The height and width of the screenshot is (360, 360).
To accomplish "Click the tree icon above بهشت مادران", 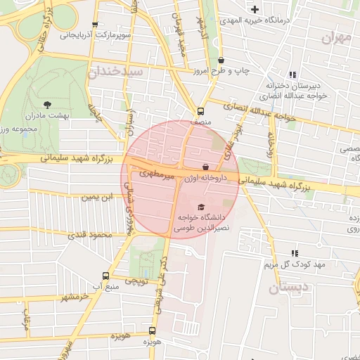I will [47, 104].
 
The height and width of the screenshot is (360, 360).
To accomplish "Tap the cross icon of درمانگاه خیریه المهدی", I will [255, 10].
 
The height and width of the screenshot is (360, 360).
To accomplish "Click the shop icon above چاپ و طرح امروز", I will [222, 60].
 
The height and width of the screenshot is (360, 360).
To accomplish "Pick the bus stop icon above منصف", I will [201, 111].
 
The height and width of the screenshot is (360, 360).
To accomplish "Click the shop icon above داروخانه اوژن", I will [205, 167].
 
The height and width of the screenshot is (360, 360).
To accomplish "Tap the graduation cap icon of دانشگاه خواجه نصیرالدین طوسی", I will [202, 207].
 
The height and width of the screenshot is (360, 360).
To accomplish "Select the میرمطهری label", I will [156, 173].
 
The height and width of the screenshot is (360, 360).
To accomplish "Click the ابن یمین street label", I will [96, 198].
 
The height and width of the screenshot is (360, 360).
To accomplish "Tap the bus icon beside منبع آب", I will [105, 276].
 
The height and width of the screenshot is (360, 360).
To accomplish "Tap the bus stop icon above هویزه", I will [152, 330].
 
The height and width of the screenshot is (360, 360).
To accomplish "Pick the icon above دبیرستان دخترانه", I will [292, 75].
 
